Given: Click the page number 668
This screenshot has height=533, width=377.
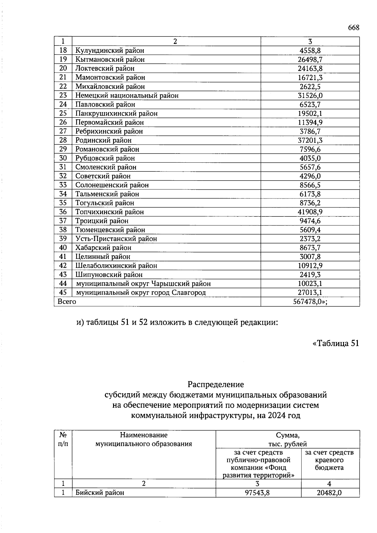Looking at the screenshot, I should pos(353,28).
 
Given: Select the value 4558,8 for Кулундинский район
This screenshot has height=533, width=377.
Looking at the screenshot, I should pos(310,51).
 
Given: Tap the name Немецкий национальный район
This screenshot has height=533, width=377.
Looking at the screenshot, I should pos(127,95).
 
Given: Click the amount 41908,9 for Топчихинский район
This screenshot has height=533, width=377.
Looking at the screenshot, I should pos(310,212).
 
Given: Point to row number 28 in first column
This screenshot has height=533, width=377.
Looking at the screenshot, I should pos(63,140).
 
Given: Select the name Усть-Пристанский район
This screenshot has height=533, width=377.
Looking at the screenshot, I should pos(116,239).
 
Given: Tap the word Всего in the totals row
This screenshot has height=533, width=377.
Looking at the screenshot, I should pos(67,302).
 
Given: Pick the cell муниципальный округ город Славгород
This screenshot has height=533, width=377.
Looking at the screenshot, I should pos(141,293).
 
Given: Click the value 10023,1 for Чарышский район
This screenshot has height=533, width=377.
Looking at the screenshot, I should pos(310,284).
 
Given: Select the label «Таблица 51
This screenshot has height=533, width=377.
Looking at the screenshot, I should pos(336,343).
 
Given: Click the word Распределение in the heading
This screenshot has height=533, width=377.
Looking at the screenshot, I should pos(216,384).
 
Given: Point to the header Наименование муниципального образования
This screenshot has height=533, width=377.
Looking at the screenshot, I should pos(144,439).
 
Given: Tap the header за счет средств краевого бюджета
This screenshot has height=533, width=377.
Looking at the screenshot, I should pos(329,460).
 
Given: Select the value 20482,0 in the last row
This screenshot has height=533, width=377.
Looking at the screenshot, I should pos(329,493).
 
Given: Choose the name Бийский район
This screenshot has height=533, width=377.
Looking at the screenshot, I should pos(100,493).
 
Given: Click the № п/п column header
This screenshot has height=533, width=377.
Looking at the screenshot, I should pos(63,439).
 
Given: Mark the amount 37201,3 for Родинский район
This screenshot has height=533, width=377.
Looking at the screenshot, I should pos(310,140).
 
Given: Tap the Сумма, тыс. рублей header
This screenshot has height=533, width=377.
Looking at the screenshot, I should pos(287,439).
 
